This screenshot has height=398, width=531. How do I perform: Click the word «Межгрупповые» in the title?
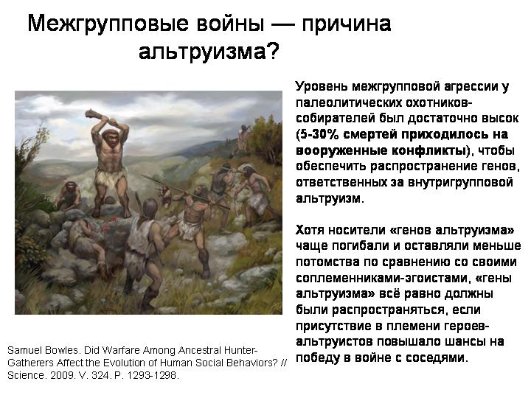(x=108, y=24)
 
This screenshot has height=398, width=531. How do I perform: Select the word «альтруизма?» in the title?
(x=209, y=52)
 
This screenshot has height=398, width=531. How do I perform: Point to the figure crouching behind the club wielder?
(x=69, y=195)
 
